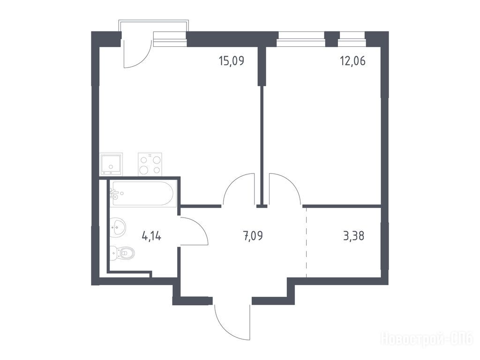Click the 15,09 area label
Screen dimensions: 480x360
[x=232, y=61]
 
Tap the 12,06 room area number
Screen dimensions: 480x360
[x=352, y=61]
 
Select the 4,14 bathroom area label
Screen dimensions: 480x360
[x=151, y=236]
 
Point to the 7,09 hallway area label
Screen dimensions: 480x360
[x=253, y=236]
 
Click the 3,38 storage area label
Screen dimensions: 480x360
[x=354, y=236]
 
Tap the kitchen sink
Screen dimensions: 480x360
[x=111, y=164]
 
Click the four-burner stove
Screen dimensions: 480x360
[x=150, y=165]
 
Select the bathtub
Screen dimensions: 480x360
[x=142, y=194]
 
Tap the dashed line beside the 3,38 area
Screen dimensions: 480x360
[x=306, y=242]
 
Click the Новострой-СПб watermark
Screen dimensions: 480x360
[x=427, y=340]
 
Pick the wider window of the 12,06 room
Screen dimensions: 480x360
[x=301, y=39]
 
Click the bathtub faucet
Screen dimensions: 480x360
[x=114, y=193]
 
